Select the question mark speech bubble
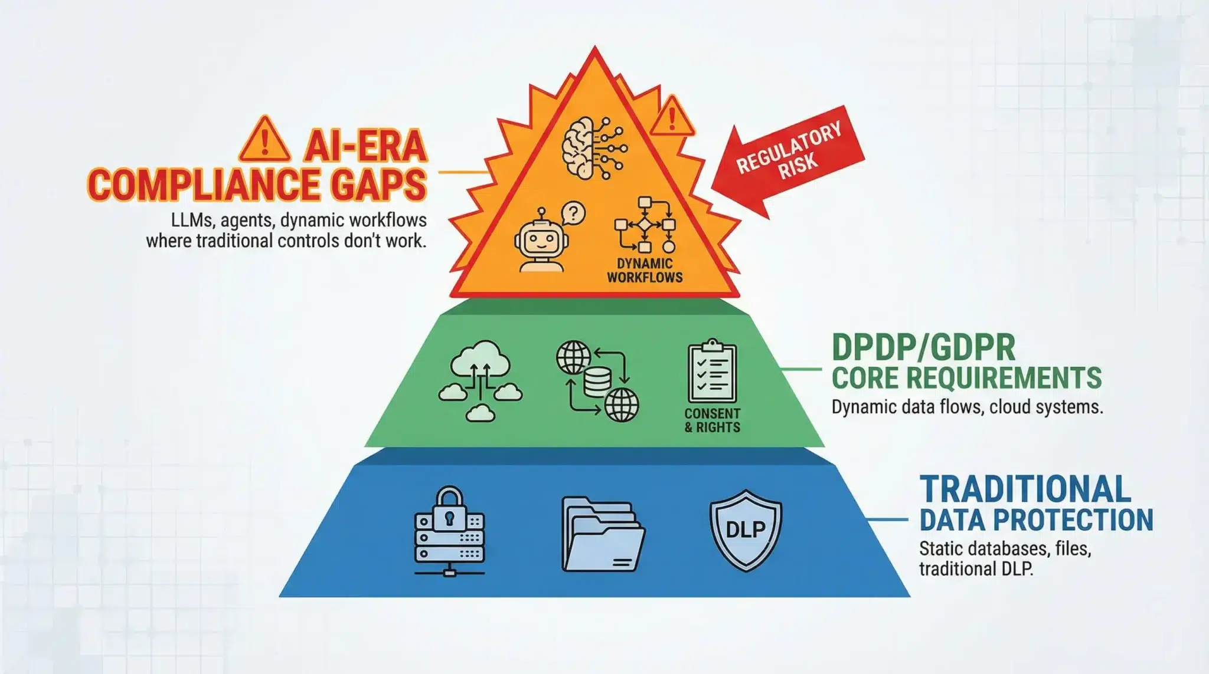pos(572,213)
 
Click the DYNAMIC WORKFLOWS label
pos(644,271)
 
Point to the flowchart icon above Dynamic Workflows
pos(645,225)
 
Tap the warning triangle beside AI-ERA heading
pos(264,140)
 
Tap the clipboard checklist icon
pos(711,371)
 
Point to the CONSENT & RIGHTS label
pos(712,420)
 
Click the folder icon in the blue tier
pos(602,534)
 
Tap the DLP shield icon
pos(745,530)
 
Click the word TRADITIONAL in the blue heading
pos(1025,489)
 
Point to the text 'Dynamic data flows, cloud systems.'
pos(967,407)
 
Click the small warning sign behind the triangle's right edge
pos(672,117)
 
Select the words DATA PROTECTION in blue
pos(1036,520)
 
